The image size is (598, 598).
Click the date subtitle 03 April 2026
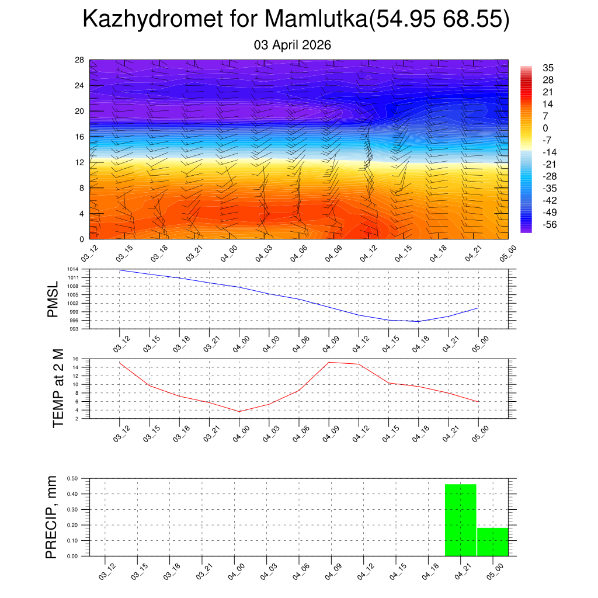[x=293, y=45]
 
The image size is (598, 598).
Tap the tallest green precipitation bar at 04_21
[x=461, y=520]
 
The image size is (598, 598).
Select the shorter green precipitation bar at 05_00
[x=492, y=541]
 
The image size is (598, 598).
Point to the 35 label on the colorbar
[x=548, y=68]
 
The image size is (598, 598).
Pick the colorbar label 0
[x=545, y=128]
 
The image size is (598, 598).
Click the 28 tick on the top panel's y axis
[x=80, y=60]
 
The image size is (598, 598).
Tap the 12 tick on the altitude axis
[x=80, y=162]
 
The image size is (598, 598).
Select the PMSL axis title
[x=53, y=299]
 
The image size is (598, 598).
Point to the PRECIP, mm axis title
[x=52, y=517]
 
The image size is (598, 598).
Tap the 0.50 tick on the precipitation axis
[x=72, y=478]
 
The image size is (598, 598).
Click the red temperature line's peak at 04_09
[x=329, y=362]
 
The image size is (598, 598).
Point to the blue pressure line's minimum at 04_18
[x=418, y=321]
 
